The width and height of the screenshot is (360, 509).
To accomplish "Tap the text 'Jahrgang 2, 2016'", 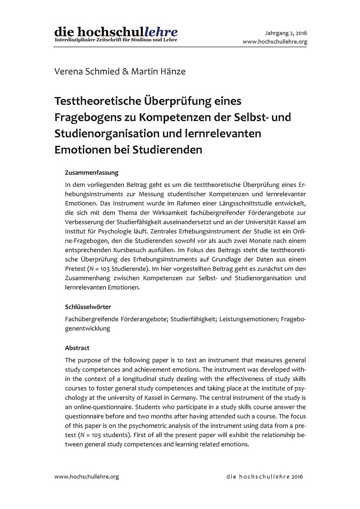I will tap(286, 33).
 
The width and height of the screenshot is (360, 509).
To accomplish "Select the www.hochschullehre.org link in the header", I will tap(275, 42).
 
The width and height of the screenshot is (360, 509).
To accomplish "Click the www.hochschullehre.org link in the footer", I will tap(86, 477).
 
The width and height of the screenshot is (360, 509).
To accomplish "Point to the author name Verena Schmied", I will tap(87, 71).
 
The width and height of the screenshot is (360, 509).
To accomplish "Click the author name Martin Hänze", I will tap(158, 71).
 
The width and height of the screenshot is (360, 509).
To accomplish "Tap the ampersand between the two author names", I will tap(125, 71).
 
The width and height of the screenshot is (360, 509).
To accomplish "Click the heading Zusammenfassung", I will tap(91, 173).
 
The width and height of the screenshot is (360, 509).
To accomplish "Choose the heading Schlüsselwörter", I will tap(88, 307).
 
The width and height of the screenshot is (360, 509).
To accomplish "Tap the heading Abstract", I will tap(77, 348).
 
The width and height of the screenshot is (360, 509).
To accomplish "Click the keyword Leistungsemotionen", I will tap(248, 319).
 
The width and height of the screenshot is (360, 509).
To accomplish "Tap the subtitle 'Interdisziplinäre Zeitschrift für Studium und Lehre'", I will tap(116, 40).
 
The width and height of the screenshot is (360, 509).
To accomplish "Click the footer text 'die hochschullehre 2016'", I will tap(265, 477).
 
